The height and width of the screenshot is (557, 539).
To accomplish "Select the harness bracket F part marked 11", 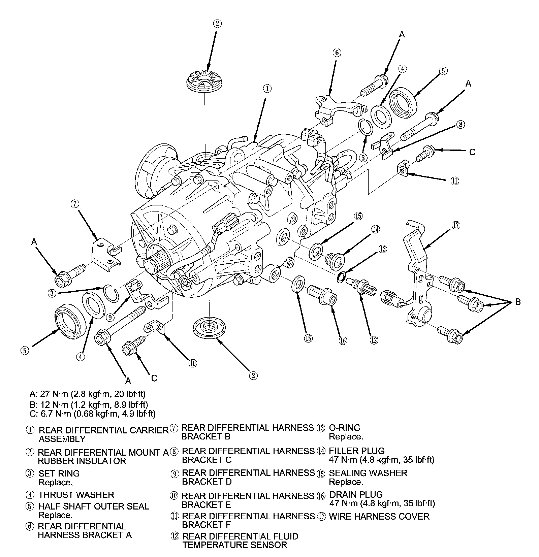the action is tap(403, 168).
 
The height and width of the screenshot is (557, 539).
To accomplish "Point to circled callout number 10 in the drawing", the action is tap(192, 363).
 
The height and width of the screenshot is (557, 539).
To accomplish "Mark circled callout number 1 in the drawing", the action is tap(266, 89).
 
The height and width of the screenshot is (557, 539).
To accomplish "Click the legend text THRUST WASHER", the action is tap(76, 495).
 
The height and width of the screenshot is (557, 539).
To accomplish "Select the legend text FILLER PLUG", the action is tap(357, 451).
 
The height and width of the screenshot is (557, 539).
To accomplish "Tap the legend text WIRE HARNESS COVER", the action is tap(379, 516).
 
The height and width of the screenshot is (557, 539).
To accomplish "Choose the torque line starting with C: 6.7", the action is tap(92, 413).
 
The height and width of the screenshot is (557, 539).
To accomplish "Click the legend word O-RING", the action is tap(344, 428).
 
